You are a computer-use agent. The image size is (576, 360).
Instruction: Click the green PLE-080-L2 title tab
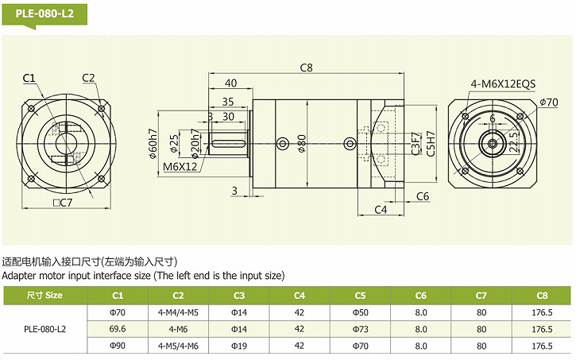point(44,14)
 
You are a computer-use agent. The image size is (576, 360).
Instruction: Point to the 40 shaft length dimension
point(230,83)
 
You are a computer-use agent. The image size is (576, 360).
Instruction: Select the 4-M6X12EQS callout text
point(503,83)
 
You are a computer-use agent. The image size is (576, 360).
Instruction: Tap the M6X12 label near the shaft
point(180,167)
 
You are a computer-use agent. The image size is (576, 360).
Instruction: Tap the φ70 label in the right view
point(548,102)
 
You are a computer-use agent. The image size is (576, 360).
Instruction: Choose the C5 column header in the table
point(360,295)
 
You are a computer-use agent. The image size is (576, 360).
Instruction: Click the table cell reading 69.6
point(118,328)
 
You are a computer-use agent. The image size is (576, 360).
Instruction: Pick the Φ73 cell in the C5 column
point(360,328)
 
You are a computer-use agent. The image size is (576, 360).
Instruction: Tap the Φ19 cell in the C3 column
point(239,346)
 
